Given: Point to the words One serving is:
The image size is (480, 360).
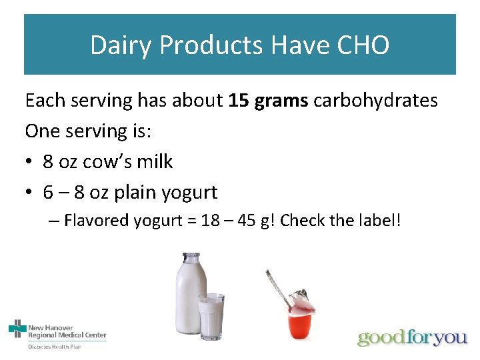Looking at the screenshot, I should click(x=88, y=131).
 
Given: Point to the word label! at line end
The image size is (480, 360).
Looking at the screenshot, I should click(x=381, y=221).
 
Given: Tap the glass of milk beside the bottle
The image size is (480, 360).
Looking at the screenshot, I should click(x=212, y=317).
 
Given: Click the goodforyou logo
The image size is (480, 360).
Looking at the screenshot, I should click(x=412, y=337).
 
